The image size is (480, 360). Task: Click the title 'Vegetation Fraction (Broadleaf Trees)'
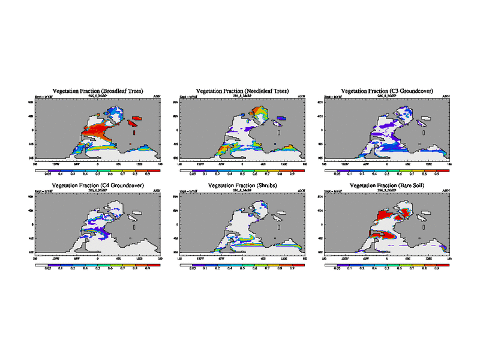98,91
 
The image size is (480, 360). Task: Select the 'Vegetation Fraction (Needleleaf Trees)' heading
242,91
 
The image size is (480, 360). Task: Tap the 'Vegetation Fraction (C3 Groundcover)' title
387,91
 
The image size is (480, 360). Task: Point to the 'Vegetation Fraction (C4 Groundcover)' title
98,186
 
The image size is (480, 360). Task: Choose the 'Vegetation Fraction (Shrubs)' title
242,186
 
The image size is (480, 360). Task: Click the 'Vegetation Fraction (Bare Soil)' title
387,186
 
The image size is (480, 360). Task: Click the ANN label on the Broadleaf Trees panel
157,96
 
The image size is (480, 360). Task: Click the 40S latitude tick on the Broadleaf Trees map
33,144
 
